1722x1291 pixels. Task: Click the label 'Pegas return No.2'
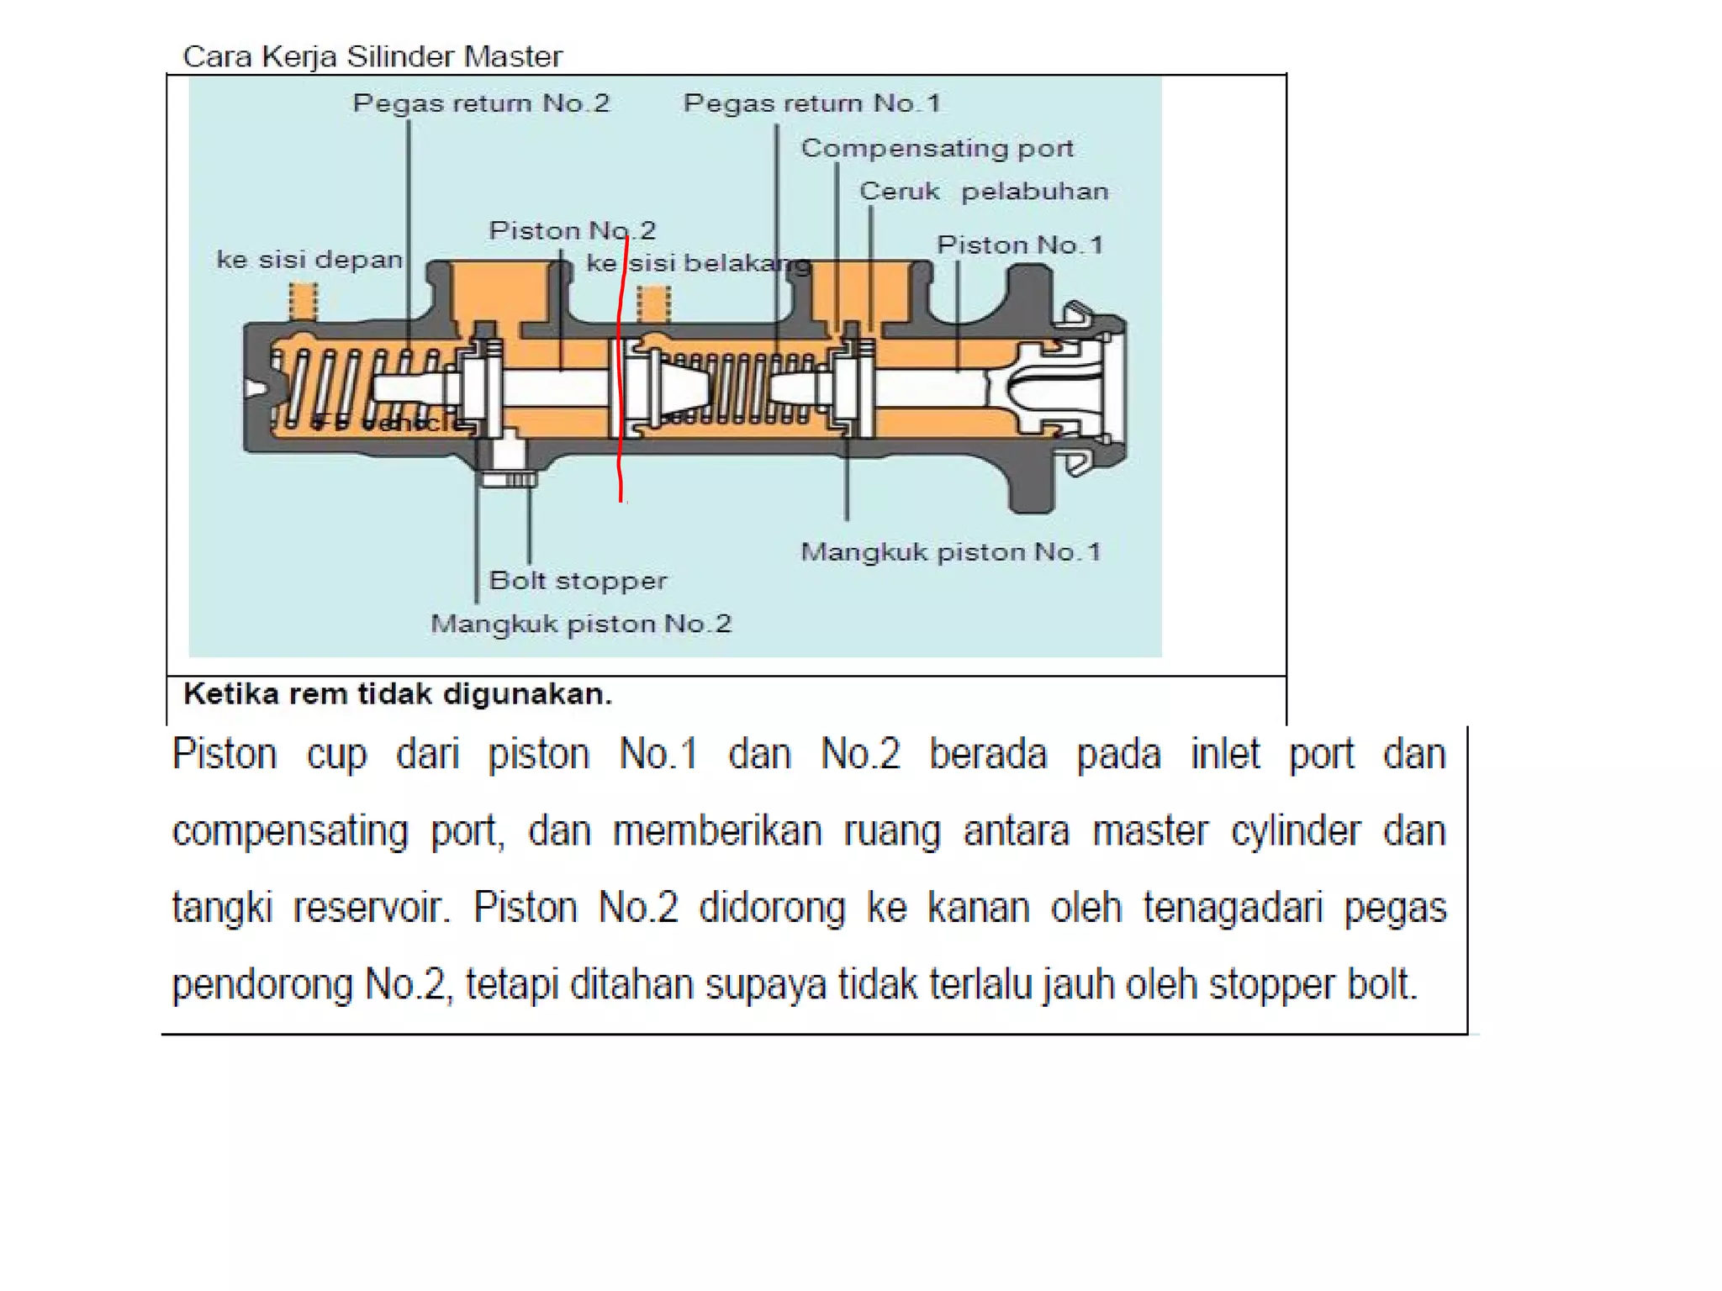pyautogui.click(x=480, y=103)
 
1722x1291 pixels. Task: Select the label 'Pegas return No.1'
pyautogui.click(x=811, y=103)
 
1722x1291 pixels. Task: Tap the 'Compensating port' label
pyautogui.click(x=937, y=148)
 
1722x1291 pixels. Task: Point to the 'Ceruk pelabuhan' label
pyautogui.click(x=983, y=192)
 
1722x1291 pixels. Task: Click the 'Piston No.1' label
pyautogui.click(x=1019, y=245)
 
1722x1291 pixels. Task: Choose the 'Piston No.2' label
pyautogui.click(x=572, y=230)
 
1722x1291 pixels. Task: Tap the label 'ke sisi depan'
pyautogui.click(x=309, y=259)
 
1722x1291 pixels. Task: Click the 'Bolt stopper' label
pyautogui.click(x=578, y=580)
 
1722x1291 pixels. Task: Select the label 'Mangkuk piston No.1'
pyautogui.click(x=950, y=552)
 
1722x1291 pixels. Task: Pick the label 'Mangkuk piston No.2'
pyautogui.click(x=581, y=624)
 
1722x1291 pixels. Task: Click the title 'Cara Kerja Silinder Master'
pyautogui.click(x=372, y=56)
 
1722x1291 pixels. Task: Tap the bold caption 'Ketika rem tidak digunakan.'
pyautogui.click(x=398, y=694)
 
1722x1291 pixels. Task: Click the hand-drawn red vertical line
pyautogui.click(x=620, y=370)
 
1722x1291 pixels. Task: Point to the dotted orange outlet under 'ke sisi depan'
pyautogui.click(x=304, y=301)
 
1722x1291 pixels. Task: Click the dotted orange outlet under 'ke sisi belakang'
pyautogui.click(x=653, y=303)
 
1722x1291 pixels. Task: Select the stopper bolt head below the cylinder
pyautogui.click(x=508, y=479)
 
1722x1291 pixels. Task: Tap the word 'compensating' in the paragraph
pyautogui.click(x=290, y=831)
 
